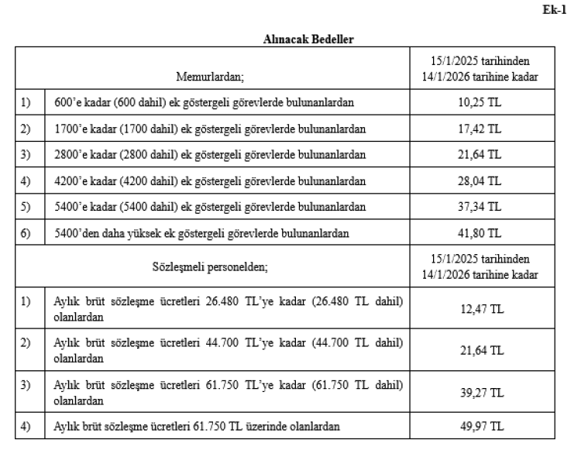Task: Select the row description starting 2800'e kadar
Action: pyautogui.click(x=210, y=155)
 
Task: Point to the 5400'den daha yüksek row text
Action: pyautogui.click(x=201, y=232)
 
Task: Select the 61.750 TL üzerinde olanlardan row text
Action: pyautogui.click(x=197, y=425)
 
